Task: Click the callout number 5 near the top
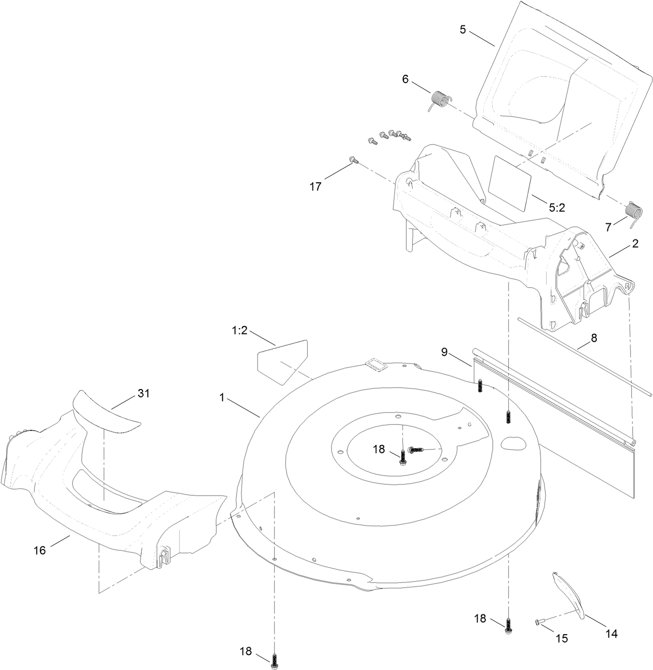point(462,30)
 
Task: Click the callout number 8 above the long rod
point(594,338)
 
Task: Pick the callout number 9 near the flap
point(444,352)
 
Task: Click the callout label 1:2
point(239,330)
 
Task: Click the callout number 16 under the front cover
point(40,550)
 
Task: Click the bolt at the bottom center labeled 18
point(274,659)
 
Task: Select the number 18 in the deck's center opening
point(379,449)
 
